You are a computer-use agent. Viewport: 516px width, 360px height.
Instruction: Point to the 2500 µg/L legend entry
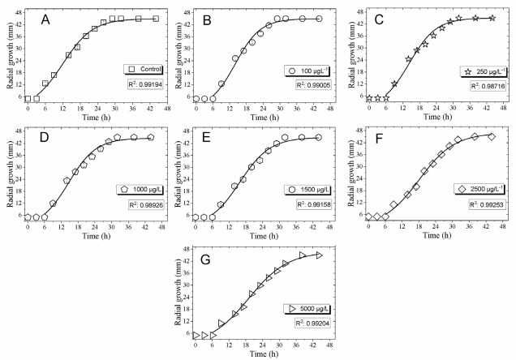point(477,188)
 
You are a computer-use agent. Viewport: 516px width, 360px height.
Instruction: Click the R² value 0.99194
point(140,84)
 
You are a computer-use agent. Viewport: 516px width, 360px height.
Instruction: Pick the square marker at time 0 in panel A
point(28,99)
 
